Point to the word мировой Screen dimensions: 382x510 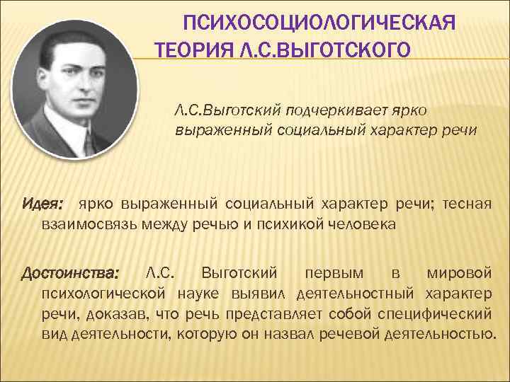460,273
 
